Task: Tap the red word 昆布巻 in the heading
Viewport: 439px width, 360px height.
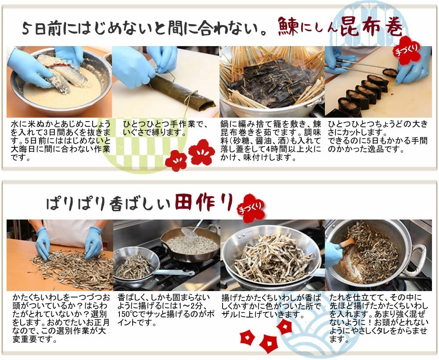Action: tap(371, 26)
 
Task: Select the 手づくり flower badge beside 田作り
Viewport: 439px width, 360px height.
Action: tap(251, 209)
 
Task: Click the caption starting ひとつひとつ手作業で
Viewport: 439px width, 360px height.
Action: tap(165, 128)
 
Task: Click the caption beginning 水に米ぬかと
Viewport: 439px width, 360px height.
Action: tap(61, 140)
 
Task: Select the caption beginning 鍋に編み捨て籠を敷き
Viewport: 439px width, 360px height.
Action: tap(270, 140)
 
